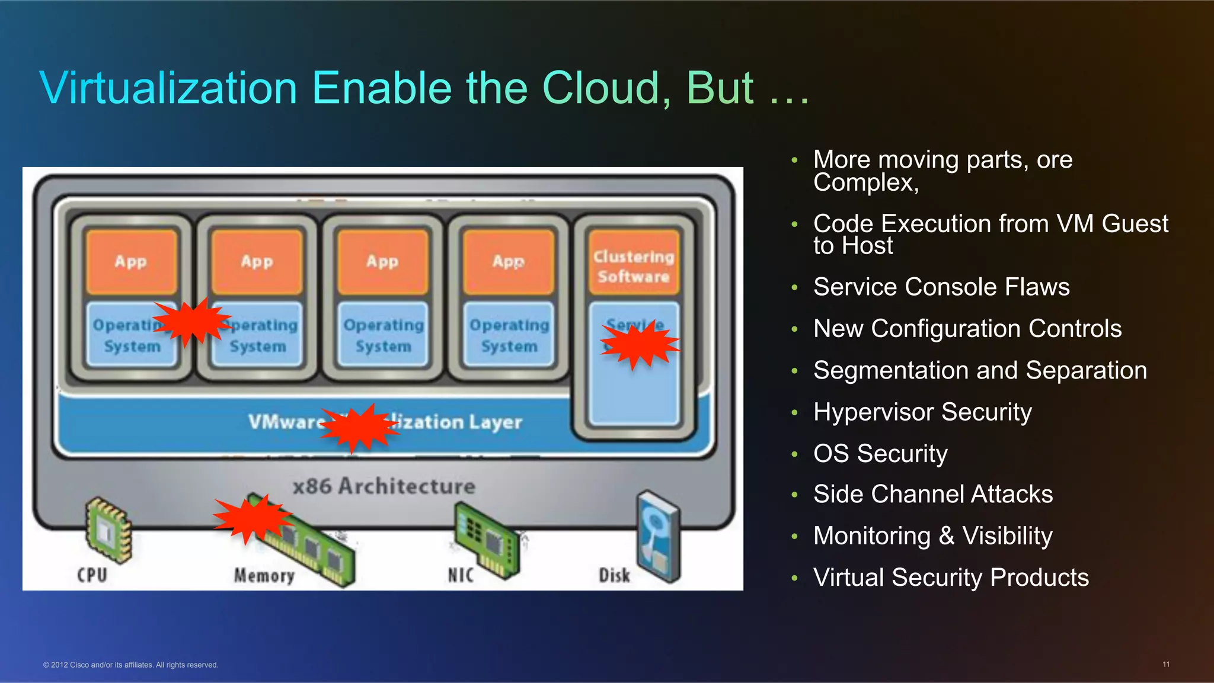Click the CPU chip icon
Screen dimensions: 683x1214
(x=107, y=528)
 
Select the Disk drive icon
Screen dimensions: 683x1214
(x=658, y=536)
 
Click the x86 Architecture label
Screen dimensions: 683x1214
(x=384, y=486)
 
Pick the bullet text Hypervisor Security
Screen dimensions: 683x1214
(x=922, y=412)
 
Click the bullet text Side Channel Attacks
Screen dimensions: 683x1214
(x=933, y=494)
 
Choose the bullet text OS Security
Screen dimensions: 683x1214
(x=880, y=453)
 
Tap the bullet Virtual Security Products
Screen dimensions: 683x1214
(x=951, y=577)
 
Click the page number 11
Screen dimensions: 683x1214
(x=1165, y=664)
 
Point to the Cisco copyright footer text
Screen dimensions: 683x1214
(x=130, y=665)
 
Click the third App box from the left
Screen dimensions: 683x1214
(x=382, y=262)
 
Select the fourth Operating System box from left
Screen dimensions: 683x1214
(x=509, y=335)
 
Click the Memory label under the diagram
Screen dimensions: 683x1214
(x=264, y=575)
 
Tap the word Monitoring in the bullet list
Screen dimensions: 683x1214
(x=871, y=536)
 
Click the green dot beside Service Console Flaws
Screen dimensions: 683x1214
(x=794, y=287)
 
